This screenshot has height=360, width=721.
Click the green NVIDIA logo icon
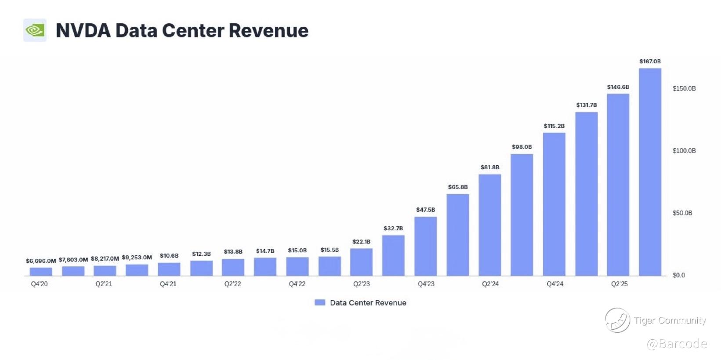(x=35, y=30)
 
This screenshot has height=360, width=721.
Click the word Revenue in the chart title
(x=268, y=31)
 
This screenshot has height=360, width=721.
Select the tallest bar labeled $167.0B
(x=650, y=172)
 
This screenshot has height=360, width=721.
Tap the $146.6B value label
(x=618, y=87)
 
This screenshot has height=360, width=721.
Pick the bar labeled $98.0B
(x=522, y=215)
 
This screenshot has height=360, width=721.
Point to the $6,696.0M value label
(x=41, y=261)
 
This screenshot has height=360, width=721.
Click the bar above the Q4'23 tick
(x=425, y=246)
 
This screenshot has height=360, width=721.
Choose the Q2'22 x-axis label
(x=232, y=284)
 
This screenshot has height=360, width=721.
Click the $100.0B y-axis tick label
(x=684, y=151)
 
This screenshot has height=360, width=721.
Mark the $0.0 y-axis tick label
(x=678, y=275)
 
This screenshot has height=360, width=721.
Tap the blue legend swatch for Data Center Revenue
(x=320, y=302)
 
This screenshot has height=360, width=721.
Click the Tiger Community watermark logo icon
(x=617, y=320)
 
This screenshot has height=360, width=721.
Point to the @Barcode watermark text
(x=677, y=343)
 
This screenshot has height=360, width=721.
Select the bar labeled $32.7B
(x=393, y=255)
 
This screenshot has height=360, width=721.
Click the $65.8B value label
(x=458, y=187)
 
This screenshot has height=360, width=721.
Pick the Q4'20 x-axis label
(x=39, y=284)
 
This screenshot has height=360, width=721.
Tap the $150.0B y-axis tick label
(x=684, y=88)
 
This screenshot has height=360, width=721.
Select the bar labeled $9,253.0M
(x=137, y=270)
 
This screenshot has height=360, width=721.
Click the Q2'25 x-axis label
(x=619, y=284)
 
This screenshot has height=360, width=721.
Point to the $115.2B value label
(x=554, y=126)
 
